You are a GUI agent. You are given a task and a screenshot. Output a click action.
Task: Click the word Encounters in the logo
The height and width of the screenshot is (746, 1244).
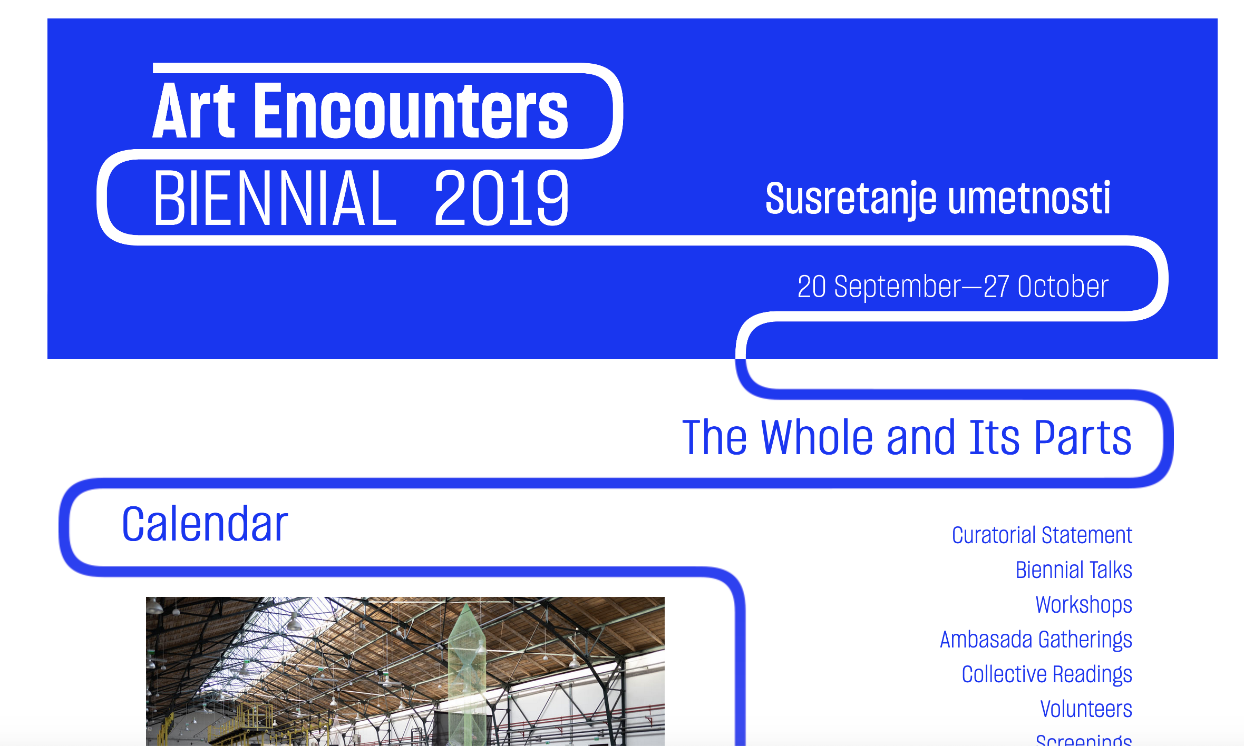pos(411,111)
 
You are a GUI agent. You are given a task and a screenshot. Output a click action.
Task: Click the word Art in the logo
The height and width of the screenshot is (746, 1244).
pos(194,111)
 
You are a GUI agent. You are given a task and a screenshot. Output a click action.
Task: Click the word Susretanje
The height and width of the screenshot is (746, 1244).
pos(851,200)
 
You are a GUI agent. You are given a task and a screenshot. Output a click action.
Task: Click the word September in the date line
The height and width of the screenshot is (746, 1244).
pos(898,288)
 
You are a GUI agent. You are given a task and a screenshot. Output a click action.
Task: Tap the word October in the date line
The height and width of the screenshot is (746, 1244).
pos(1063,287)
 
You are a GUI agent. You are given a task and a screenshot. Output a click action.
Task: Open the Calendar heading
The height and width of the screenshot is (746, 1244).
pos(205,524)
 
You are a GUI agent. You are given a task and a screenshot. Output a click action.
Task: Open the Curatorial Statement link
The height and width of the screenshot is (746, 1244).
pos(1042,535)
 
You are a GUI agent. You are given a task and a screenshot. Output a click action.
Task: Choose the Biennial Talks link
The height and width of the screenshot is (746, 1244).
pos(1074,570)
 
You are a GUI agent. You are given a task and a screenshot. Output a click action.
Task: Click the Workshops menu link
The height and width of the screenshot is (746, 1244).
pos(1084,605)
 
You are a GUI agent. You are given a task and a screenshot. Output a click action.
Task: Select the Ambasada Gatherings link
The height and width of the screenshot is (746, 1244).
pos(1036,640)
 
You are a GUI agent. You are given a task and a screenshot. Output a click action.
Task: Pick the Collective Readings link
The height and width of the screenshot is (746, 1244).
pos(1047,675)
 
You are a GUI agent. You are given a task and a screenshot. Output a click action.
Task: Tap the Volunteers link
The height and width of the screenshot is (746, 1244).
pos(1086,709)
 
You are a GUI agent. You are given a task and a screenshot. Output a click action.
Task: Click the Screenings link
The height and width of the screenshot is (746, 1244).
pos(1084,739)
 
